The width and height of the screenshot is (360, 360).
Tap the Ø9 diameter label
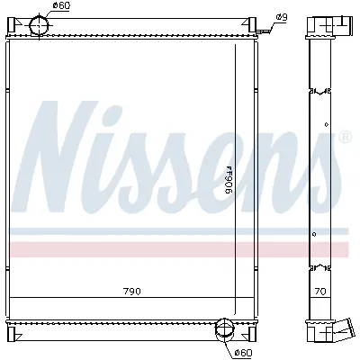[x=281, y=17]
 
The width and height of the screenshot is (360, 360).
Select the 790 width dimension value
[x=133, y=291]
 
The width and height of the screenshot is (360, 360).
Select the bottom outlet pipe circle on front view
[x=224, y=336]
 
